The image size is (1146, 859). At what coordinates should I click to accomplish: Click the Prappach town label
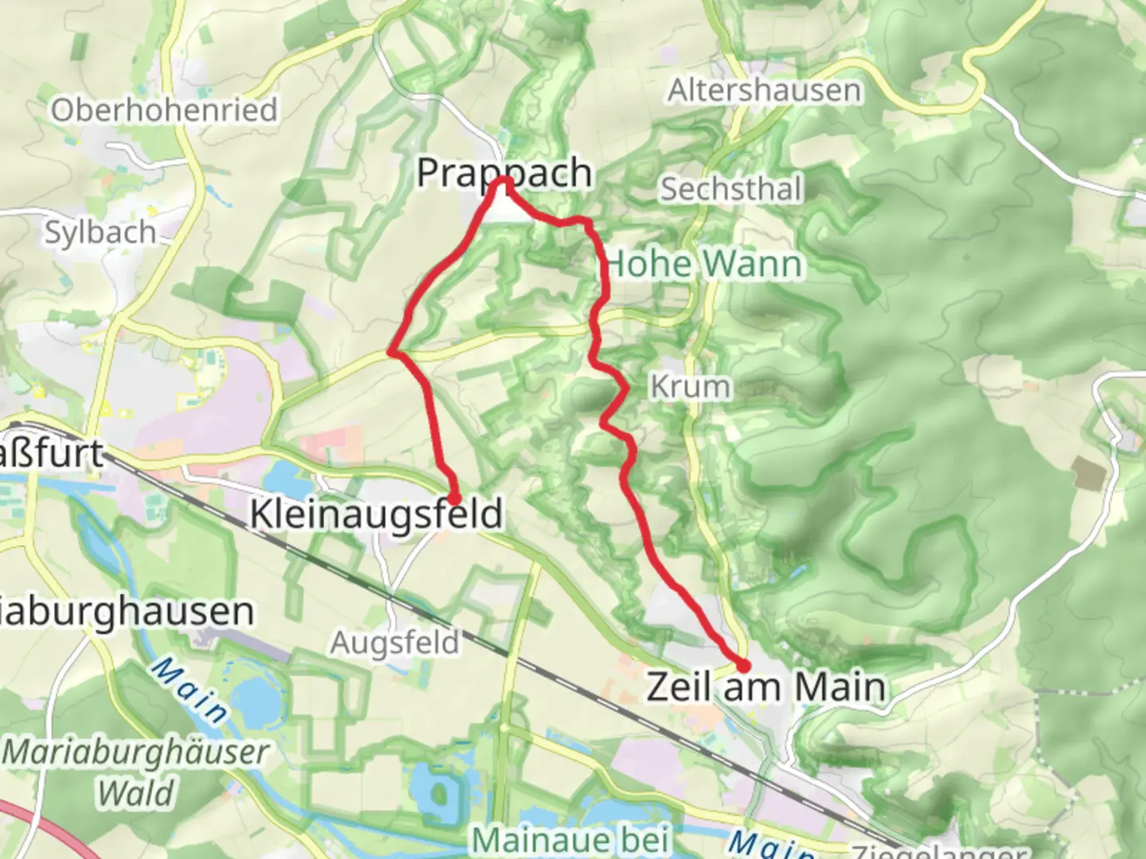pyautogui.click(x=505, y=173)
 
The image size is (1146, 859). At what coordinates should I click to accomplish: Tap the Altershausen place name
pyautogui.click(x=764, y=91)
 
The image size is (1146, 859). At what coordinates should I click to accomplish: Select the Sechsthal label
pyautogui.click(x=731, y=189)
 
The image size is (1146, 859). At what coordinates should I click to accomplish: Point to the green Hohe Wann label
pyautogui.click(x=704, y=264)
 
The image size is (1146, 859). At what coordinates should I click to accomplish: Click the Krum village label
pyautogui.click(x=690, y=387)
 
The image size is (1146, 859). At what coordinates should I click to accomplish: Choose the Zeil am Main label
pyautogui.click(x=766, y=686)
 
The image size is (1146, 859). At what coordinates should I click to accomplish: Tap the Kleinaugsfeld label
pyautogui.click(x=376, y=514)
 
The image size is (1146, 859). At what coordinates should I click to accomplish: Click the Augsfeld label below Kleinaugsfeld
pyautogui.click(x=396, y=642)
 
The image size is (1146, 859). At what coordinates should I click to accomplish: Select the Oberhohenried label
pyautogui.click(x=164, y=110)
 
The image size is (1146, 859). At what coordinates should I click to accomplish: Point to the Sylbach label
pyautogui.click(x=100, y=232)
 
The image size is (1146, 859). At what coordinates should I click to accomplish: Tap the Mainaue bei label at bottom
pyautogui.click(x=571, y=840)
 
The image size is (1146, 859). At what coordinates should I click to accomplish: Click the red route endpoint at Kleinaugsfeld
pyautogui.click(x=454, y=499)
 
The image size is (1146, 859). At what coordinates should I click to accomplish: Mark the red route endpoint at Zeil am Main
pyautogui.click(x=743, y=666)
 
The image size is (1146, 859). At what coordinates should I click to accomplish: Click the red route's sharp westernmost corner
pyautogui.click(x=391, y=351)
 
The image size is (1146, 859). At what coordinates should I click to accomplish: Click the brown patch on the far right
pyautogui.click(x=1089, y=473)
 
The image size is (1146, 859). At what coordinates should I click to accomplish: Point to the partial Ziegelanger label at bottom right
pyautogui.click(x=939, y=851)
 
